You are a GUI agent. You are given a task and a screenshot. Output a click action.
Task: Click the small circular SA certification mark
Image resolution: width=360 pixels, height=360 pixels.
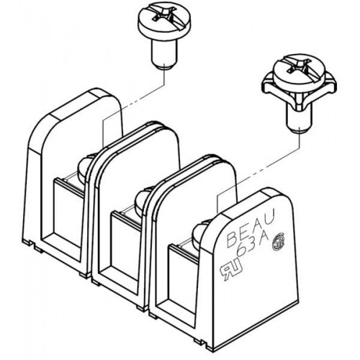(x=278, y=243)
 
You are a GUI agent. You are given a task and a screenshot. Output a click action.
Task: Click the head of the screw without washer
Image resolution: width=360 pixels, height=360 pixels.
(x=165, y=23)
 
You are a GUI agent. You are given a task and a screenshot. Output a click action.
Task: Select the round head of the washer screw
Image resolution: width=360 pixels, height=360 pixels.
(x=299, y=70)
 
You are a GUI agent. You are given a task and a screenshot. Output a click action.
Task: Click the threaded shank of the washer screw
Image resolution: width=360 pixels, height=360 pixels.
(x=299, y=120)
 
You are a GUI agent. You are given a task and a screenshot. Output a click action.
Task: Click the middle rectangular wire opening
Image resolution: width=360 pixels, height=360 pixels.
(x=125, y=250)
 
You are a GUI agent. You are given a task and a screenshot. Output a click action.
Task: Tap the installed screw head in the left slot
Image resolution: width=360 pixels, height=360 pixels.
(x=84, y=169)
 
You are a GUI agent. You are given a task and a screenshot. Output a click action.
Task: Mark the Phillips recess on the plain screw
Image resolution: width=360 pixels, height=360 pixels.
(x=166, y=16)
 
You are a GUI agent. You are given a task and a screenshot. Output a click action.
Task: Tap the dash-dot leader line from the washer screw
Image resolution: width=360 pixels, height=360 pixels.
(x=258, y=172)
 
